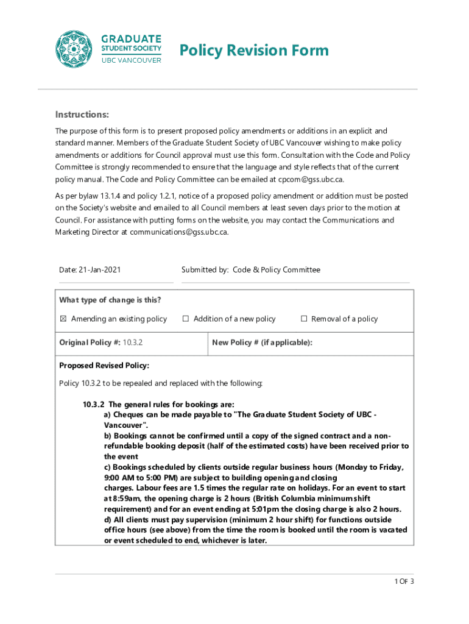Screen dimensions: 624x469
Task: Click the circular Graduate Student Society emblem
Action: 76,49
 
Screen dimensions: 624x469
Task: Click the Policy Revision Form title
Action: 253,50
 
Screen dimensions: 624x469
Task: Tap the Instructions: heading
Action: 82,115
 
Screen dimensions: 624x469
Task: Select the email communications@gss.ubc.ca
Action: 178,232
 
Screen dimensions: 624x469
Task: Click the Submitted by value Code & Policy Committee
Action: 277,270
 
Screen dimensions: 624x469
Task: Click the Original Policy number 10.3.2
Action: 133,342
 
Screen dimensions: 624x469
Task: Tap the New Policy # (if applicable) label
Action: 262,342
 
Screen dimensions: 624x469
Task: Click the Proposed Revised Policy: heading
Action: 104,366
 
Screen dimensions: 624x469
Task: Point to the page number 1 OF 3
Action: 404,581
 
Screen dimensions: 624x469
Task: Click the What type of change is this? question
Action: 110,300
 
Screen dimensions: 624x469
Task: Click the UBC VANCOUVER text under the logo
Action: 131,60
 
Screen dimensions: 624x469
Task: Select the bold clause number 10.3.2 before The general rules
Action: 94,404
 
